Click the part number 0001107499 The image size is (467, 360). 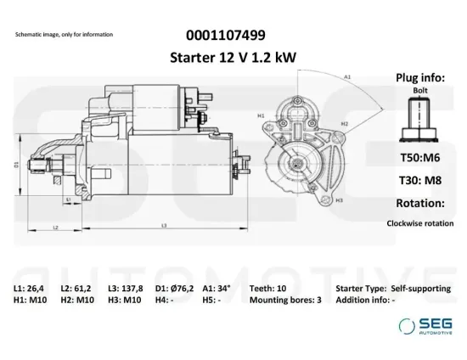pos(224,35)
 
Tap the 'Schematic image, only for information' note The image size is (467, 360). pos(64,35)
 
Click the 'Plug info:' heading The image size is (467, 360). pos(420,77)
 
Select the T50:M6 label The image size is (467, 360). pos(419,158)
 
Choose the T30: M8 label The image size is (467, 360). pos(419,181)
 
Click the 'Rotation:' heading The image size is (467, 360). pos(419,204)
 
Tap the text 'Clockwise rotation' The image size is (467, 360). pos(419,223)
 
